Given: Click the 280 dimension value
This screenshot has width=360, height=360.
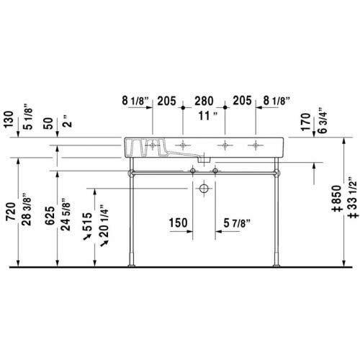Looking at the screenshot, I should pyautogui.click(x=203, y=101).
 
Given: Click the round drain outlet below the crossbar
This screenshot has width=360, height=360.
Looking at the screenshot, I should pyautogui.click(x=204, y=189).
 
